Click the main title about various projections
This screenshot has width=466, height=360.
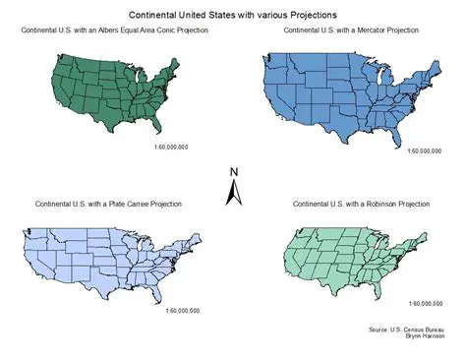[x=232, y=17]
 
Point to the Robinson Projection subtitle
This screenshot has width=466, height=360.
[x=362, y=204]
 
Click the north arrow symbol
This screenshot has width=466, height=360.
[x=234, y=193]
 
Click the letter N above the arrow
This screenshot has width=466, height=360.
[x=234, y=172]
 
